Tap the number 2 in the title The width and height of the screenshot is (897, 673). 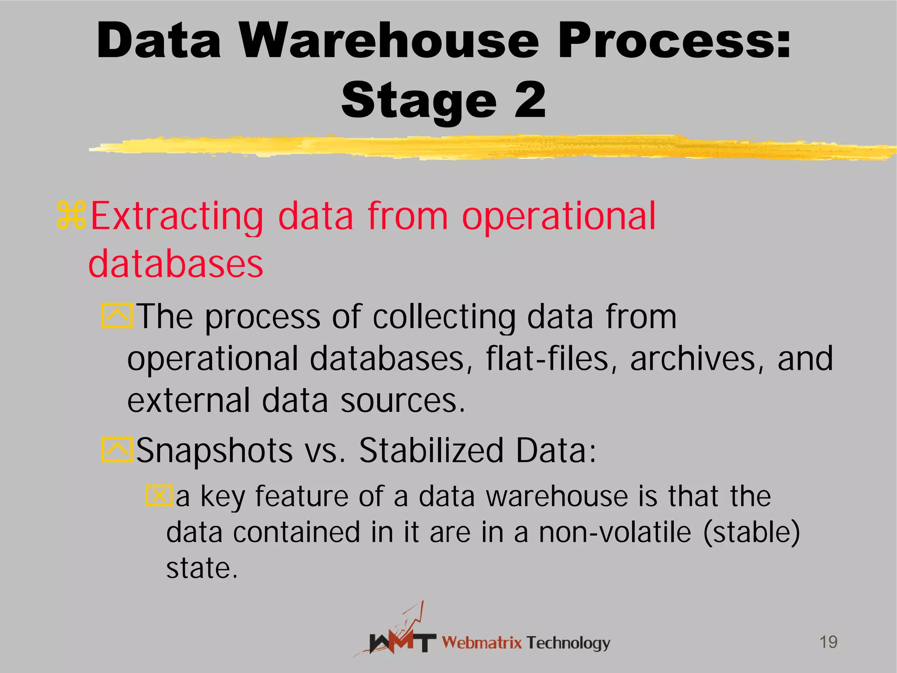(x=530, y=100)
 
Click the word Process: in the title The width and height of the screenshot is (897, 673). (x=674, y=41)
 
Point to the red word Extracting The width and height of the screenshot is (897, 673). (x=177, y=216)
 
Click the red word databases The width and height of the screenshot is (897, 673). (x=176, y=264)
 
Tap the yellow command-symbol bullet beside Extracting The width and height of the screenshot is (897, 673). (x=71, y=215)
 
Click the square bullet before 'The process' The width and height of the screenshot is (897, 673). (x=117, y=315)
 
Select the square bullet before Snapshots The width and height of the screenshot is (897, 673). (x=117, y=450)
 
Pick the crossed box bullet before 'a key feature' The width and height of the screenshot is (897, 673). (x=159, y=495)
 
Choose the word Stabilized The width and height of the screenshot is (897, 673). (x=431, y=450)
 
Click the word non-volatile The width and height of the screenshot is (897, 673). (x=615, y=532)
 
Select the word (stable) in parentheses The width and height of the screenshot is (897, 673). (x=752, y=533)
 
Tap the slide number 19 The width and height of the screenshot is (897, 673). (x=828, y=642)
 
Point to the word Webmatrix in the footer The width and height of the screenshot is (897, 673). (x=482, y=643)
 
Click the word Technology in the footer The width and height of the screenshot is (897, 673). (x=568, y=643)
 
